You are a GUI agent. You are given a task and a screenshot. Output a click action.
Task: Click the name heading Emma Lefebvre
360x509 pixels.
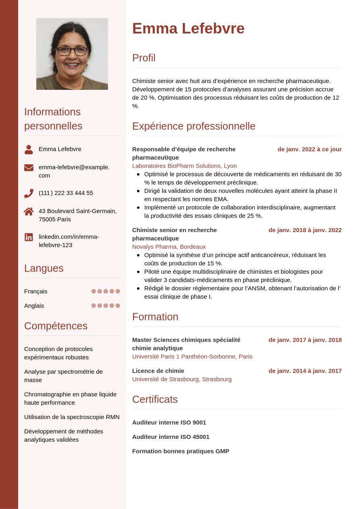coord(188,29)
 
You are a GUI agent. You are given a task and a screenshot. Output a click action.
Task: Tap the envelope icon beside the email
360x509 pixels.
coord(29,168)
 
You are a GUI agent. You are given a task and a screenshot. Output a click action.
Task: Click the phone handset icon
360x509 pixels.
coord(29,193)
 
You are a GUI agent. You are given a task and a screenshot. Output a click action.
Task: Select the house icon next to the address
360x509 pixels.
coord(29,211)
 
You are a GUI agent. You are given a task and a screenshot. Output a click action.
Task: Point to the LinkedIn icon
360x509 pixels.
coord(29,237)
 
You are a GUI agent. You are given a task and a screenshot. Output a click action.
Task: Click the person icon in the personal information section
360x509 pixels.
coord(29,150)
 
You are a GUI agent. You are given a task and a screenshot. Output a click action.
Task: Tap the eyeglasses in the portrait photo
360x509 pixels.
coord(72,51)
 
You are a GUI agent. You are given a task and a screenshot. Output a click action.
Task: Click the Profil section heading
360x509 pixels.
coord(144,58)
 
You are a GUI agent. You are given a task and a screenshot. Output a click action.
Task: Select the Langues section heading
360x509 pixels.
coord(44,268)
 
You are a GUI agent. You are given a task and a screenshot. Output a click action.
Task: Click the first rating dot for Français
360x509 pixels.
coord(94,291)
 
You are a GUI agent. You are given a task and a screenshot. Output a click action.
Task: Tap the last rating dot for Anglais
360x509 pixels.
coord(118,306)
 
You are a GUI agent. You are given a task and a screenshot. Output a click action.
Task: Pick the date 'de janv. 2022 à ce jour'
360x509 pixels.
coord(309,149)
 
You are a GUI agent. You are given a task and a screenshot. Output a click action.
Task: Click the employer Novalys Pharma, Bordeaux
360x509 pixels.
coord(169,247)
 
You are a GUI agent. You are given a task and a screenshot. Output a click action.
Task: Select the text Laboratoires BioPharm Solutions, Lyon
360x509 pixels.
coord(184,166)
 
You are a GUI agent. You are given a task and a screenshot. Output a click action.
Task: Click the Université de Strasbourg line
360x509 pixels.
coord(182,379)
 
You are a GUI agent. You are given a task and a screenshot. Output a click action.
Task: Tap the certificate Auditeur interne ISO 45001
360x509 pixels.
coord(171,437)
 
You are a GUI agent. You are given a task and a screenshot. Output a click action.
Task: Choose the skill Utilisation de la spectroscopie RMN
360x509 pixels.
coord(72,417)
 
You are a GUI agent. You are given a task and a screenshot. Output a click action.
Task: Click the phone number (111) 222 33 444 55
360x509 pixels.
coord(66,193)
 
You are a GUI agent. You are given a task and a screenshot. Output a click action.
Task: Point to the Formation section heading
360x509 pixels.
coord(155,317)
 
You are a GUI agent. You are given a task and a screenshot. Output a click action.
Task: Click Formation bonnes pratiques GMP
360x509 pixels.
coord(181,451)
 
